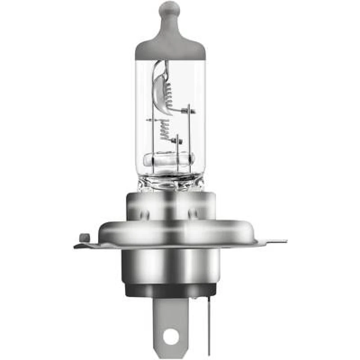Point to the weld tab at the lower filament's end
(179, 141)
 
